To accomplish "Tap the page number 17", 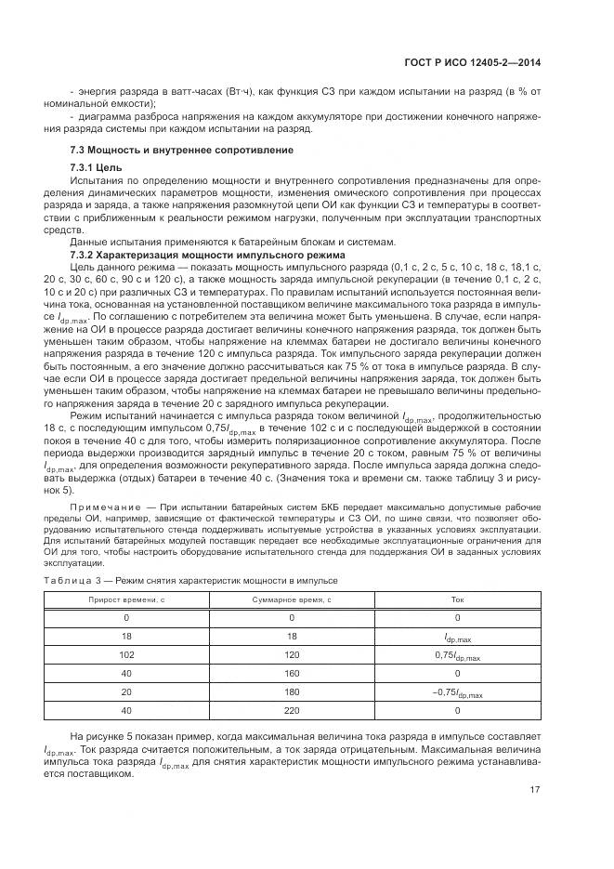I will click(534, 791).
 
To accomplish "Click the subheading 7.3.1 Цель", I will click(97, 166).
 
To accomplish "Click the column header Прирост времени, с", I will click(126, 600).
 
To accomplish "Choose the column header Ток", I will click(456, 600).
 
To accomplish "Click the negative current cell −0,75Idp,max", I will click(456, 693).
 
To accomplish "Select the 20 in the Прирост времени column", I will click(126, 692).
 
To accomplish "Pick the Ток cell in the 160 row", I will click(456, 674).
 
